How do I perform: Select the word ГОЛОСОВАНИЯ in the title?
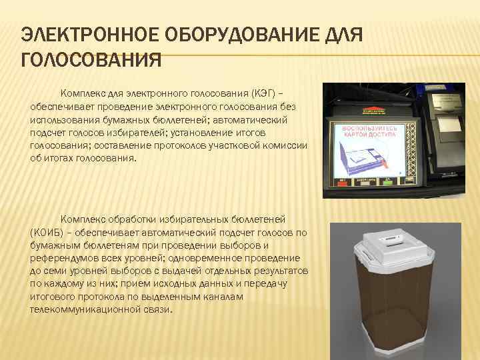tap(91, 62)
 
